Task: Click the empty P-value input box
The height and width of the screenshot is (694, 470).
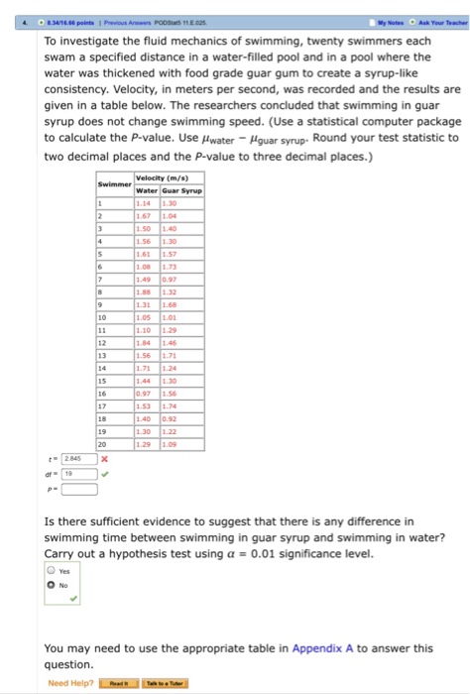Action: click(82, 488)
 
